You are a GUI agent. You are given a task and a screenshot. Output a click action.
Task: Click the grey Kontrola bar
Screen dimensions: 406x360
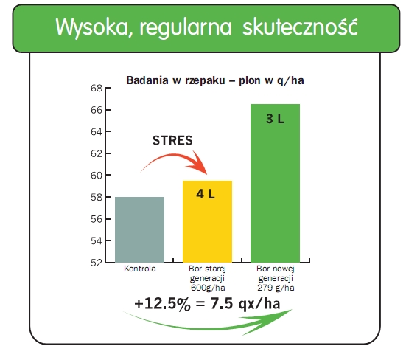tap(139, 229)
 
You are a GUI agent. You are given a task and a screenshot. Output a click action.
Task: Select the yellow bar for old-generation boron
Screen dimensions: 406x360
tap(207, 221)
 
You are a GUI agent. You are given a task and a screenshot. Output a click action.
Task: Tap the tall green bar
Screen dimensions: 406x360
tap(275, 183)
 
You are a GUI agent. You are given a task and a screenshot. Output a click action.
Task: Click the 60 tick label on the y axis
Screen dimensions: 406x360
tap(97, 176)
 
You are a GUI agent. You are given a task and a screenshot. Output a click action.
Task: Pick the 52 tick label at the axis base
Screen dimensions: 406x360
tap(97, 263)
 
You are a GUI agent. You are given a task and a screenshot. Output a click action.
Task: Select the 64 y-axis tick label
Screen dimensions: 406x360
tap(97, 132)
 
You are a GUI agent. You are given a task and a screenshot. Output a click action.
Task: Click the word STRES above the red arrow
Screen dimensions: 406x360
tap(172, 141)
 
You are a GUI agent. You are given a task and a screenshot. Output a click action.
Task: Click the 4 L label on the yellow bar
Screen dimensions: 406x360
tap(206, 194)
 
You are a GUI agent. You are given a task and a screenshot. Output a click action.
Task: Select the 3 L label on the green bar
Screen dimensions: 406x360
tap(275, 119)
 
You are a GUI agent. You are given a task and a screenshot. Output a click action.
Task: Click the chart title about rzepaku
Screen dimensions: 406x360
tap(215, 80)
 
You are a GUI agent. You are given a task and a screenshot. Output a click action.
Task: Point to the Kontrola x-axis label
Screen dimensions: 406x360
tap(140, 269)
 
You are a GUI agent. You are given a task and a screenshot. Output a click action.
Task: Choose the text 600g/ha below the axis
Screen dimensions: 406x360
tap(208, 288)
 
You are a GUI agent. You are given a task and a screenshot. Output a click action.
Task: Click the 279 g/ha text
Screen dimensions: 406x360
tap(276, 288)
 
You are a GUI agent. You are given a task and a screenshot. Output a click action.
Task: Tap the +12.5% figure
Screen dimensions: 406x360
tap(163, 303)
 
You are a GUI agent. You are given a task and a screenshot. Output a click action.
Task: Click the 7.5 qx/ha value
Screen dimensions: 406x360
tap(245, 303)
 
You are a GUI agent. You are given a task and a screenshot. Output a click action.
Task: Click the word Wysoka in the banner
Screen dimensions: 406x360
tap(92, 27)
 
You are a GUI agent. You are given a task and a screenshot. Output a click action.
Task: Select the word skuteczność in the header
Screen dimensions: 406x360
tap(300, 27)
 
